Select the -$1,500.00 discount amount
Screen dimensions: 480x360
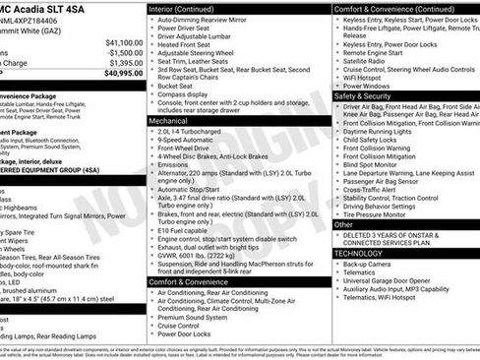pyautogui.click(x=124, y=53)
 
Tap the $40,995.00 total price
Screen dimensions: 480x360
pyautogui.click(x=122, y=73)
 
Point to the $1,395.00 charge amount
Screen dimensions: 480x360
pyautogui.click(x=124, y=63)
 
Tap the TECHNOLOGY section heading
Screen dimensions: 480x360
pyautogui.click(x=358, y=253)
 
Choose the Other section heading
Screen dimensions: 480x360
pyautogui.click(x=343, y=224)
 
